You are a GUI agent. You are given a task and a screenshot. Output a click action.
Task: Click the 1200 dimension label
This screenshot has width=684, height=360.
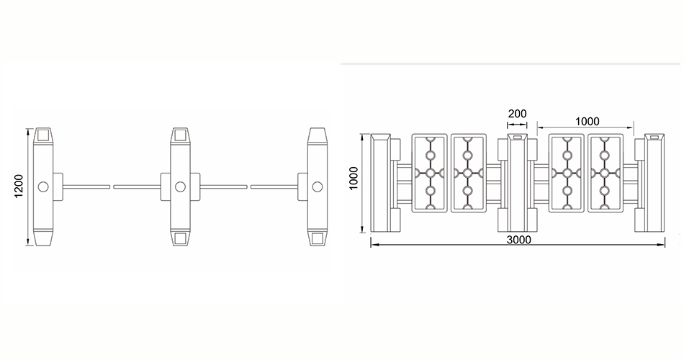coord(19,186)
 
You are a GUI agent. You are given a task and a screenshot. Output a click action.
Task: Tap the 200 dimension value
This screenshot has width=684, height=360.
coord(518,114)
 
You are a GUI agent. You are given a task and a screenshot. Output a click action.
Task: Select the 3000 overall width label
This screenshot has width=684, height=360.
coord(518,240)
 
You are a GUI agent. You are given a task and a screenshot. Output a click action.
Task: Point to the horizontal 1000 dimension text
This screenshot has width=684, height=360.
coord(587,121)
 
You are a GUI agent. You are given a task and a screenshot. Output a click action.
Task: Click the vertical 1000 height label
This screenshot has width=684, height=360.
coord(354,178)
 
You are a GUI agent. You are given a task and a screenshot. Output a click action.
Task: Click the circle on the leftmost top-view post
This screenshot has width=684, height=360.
coord(43,186)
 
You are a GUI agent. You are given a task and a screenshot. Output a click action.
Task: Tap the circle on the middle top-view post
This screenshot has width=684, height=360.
coord(180,186)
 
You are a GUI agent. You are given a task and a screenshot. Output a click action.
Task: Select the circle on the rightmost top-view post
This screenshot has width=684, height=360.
coord(317,186)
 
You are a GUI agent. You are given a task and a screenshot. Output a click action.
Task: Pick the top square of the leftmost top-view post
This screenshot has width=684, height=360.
coord(43,135)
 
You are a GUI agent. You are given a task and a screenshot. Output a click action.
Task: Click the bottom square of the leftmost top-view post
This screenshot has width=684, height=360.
coord(43,238)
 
